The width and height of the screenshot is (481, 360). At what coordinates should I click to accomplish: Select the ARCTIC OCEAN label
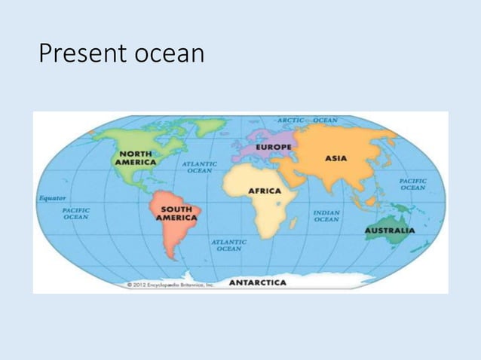pyautogui.click(x=308, y=120)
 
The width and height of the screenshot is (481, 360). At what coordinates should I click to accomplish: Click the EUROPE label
pyautogui.click(x=274, y=147)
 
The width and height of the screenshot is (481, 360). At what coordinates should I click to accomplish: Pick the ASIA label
pyautogui.click(x=335, y=158)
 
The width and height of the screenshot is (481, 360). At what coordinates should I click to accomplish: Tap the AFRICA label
pyautogui.click(x=265, y=191)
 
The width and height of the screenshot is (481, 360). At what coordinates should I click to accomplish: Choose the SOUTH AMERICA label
pyautogui.click(x=176, y=213)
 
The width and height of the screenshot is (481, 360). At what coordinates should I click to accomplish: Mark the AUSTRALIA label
pyautogui.click(x=389, y=230)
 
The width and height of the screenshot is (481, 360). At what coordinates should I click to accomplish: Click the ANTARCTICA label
pyautogui.click(x=257, y=282)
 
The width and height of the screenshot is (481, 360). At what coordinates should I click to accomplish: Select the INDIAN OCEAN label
pyautogui.click(x=326, y=216)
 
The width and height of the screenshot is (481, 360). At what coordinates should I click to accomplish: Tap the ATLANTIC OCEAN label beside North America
pyautogui.click(x=200, y=166)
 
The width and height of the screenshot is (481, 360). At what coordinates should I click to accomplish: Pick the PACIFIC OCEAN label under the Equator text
pyautogui.click(x=76, y=213)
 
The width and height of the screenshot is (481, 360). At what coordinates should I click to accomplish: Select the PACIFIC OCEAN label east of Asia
pyautogui.click(x=413, y=185)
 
